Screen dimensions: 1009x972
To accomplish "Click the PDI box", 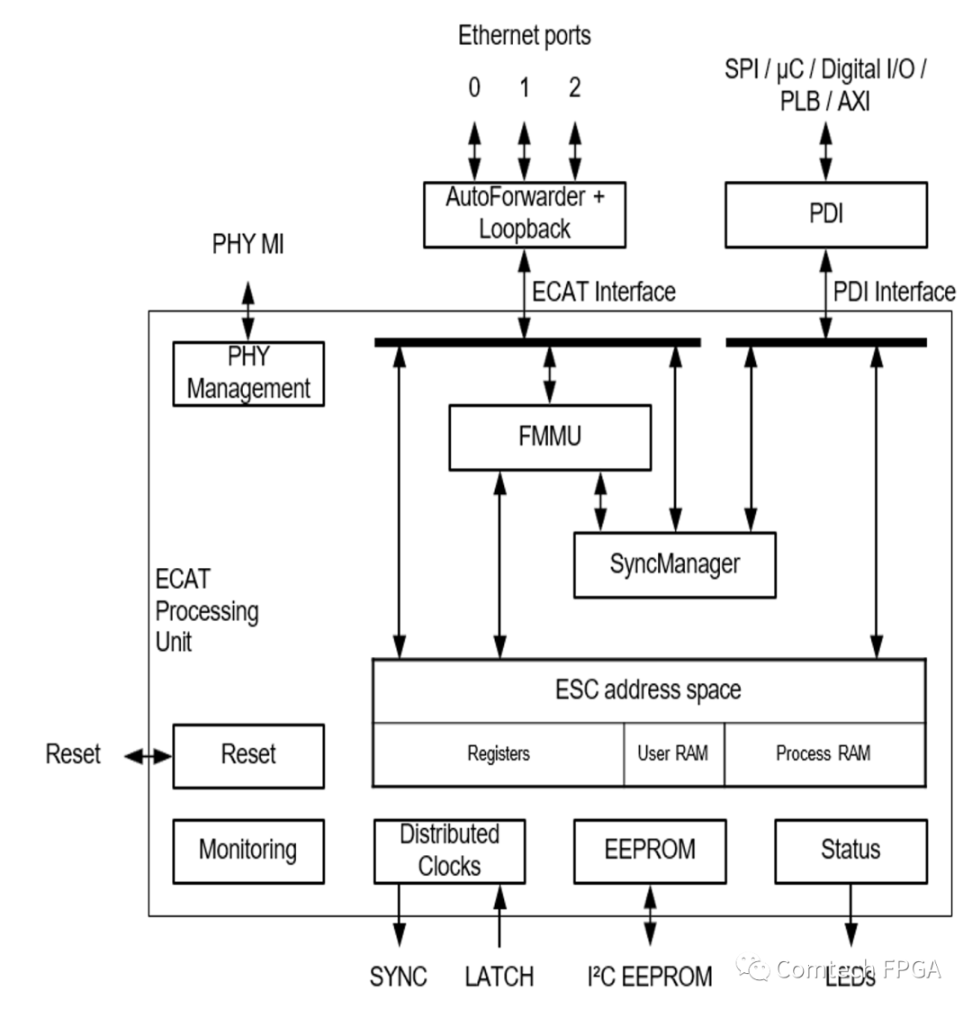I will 825,215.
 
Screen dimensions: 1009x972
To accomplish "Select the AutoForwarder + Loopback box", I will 525,214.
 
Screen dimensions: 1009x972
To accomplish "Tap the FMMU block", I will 550,437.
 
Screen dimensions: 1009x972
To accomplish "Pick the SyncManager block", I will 674,564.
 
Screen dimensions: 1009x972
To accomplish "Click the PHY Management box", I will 248,374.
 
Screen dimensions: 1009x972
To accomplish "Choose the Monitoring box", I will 247,850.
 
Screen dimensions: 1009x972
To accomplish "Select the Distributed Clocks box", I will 449,850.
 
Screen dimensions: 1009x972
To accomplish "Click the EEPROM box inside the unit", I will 649,850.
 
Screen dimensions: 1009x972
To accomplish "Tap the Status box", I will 850,850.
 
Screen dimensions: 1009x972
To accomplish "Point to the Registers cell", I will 499,754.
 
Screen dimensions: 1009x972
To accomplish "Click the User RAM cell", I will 673,754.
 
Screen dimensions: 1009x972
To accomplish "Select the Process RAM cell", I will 823,754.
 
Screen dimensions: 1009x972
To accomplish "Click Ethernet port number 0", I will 474,88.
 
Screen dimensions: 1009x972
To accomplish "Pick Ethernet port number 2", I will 574,88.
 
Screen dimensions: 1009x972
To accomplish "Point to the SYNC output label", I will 398,977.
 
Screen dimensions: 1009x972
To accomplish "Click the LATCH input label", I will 499,977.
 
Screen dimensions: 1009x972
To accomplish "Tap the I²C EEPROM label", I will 649,977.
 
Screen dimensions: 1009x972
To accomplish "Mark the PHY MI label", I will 247,244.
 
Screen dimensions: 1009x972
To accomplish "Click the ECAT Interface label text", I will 604,292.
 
